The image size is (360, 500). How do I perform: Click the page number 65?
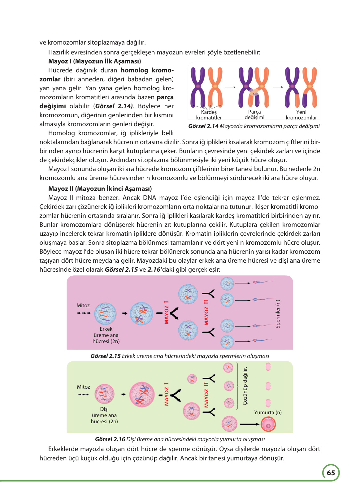(x=331, y=473)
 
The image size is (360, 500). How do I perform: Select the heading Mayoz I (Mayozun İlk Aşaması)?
(x=94, y=61)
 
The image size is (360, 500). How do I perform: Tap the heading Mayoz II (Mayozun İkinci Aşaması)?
(x=100, y=189)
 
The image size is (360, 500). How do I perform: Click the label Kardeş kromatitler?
(x=209, y=115)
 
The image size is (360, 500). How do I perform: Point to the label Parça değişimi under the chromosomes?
(x=254, y=114)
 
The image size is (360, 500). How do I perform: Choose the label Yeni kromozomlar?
(x=301, y=115)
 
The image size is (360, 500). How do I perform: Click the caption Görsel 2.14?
(x=203, y=126)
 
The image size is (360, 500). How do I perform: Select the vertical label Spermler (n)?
(x=278, y=314)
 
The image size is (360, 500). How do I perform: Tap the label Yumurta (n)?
(x=268, y=412)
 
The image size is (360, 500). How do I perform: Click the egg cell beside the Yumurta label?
(x=268, y=424)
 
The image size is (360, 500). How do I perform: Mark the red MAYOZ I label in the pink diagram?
(x=167, y=312)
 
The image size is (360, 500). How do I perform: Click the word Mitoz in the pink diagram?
(x=83, y=305)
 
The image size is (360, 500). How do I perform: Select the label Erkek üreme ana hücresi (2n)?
(x=106, y=335)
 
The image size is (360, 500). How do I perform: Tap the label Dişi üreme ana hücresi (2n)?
(x=104, y=415)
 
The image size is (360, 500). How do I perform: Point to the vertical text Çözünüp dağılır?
(x=245, y=386)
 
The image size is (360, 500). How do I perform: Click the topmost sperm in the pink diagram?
(x=263, y=282)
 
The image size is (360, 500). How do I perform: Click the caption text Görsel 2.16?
(x=110, y=439)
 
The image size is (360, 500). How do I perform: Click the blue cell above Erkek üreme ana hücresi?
(x=105, y=313)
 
